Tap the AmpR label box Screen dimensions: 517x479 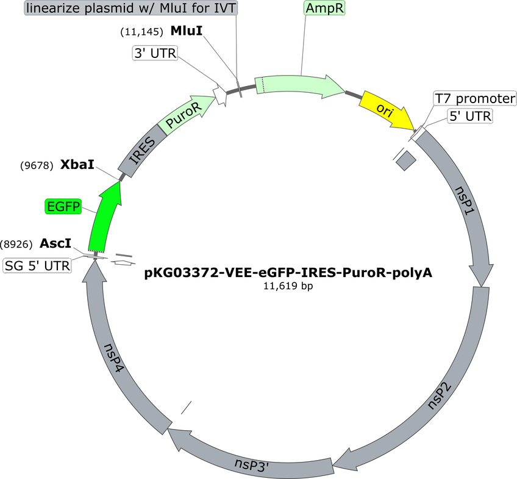[x=324, y=9]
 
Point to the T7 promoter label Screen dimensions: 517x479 [x=475, y=98]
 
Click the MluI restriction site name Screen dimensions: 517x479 [x=187, y=31]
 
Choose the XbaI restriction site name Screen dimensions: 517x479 [x=77, y=164]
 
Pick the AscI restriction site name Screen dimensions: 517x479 [x=55, y=243]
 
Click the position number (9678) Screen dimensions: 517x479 [x=37, y=165]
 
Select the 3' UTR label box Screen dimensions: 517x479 [x=155, y=53]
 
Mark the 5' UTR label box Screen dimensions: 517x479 [x=470, y=116]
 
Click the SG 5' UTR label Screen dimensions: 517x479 [x=37, y=265]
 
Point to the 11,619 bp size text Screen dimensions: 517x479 [x=288, y=286]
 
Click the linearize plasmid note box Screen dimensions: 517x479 [x=131, y=8]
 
